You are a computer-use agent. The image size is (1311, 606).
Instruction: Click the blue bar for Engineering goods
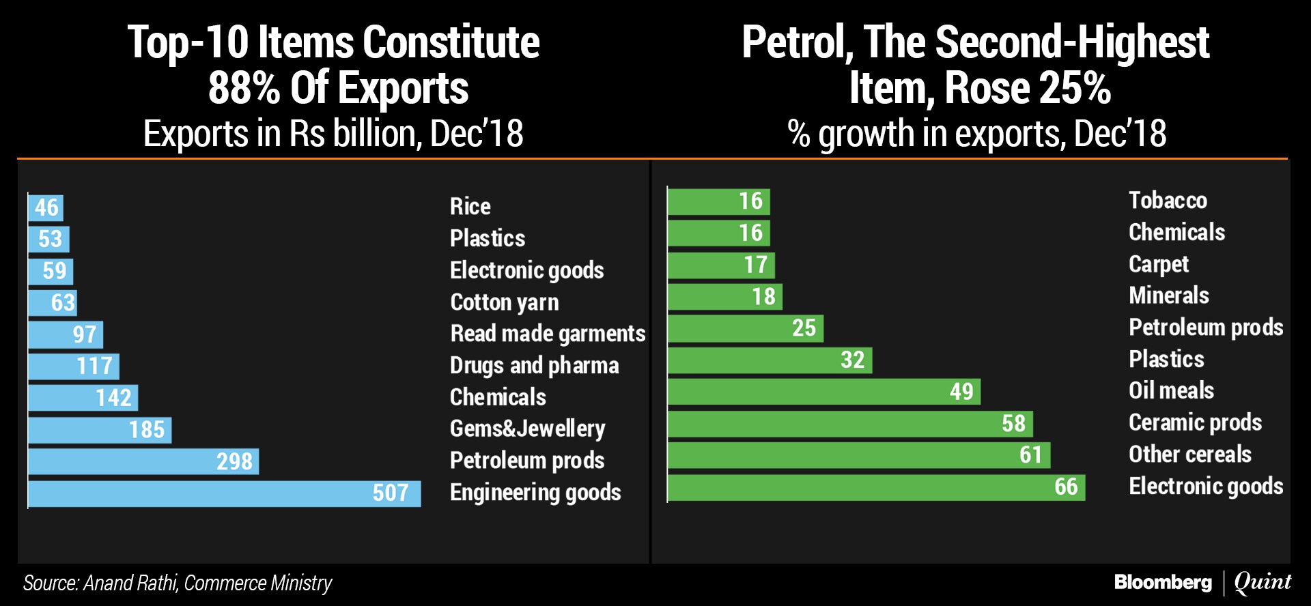[224, 493]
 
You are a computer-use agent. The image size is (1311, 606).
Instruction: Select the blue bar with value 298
[143, 461]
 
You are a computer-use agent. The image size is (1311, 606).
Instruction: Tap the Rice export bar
[46, 207]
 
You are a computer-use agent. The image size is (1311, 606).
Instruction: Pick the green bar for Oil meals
[823, 392]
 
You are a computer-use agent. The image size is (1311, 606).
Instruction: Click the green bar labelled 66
[876, 487]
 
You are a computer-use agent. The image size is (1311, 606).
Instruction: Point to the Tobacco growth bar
[718, 201]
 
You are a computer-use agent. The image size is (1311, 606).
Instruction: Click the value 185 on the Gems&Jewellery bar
[147, 430]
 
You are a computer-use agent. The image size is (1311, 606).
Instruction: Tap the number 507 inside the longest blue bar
[391, 493]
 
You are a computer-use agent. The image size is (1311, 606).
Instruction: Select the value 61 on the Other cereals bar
[1030, 455]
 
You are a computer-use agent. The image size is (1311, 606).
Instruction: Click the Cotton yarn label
[505, 302]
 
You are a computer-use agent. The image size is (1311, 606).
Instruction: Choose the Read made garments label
[548, 334]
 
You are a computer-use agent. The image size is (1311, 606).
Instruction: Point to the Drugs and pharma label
[535, 366]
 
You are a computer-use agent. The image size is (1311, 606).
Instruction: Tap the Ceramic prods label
[1195, 422]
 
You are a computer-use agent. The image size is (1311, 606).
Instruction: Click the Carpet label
[1159, 264]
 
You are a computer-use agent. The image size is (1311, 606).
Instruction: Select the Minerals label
[1169, 295]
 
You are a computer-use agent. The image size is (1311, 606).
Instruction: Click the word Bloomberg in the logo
[1163, 582]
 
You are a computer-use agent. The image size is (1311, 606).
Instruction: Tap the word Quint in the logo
[1263, 582]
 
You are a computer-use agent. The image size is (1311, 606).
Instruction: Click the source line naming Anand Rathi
[178, 583]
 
